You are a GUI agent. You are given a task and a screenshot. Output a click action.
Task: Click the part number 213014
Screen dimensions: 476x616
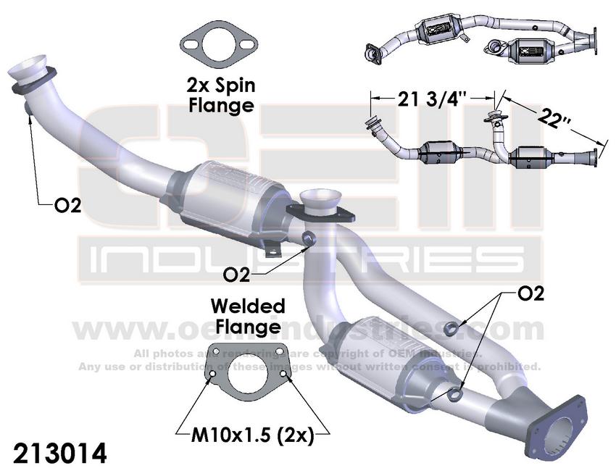tap(60, 454)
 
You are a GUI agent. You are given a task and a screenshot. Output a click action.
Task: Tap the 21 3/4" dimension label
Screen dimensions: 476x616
tap(433, 99)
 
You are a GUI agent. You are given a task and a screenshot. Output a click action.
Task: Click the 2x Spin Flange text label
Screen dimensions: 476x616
tap(221, 95)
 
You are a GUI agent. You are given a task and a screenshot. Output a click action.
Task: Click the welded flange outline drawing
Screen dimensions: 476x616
tap(249, 370)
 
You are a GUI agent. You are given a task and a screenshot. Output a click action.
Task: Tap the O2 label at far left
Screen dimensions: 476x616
tap(68, 206)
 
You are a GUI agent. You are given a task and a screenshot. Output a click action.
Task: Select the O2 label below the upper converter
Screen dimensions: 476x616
tap(236, 275)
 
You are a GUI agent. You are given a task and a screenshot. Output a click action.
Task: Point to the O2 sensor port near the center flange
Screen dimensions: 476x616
tap(309, 238)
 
